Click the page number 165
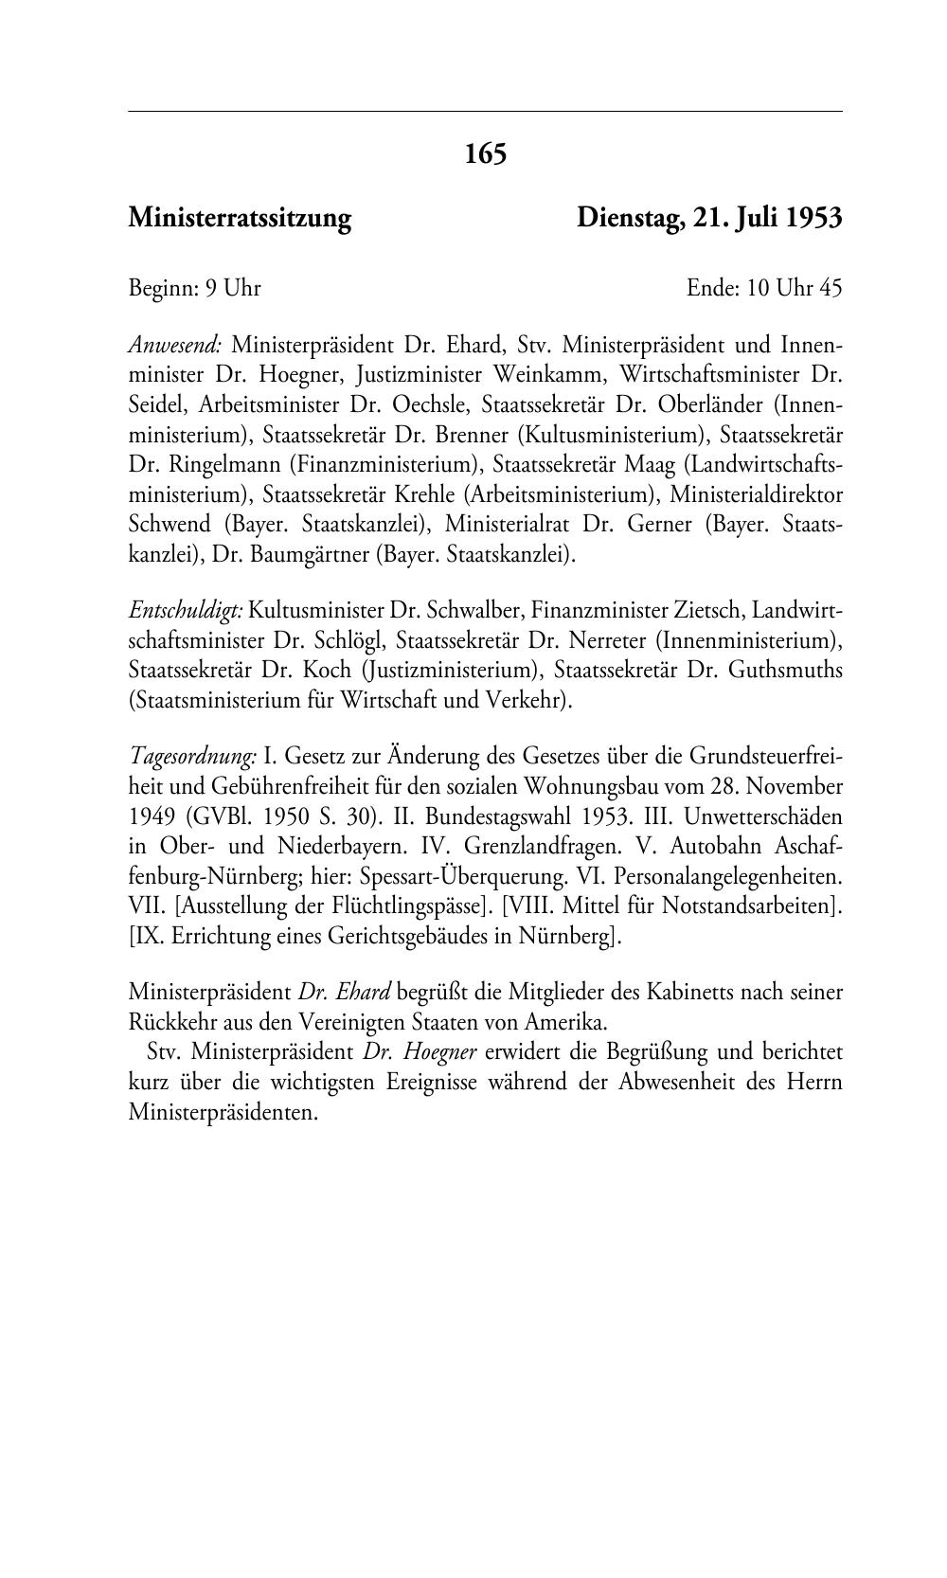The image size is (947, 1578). [486, 153]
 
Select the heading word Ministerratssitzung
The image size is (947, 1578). [240, 219]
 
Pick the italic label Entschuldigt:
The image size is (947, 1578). [185, 611]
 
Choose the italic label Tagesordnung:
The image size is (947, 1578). [192, 757]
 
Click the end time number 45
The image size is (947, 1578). [830, 288]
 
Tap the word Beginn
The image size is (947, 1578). [162, 288]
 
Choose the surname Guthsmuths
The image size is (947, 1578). [785, 671]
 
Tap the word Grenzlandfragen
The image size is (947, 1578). [528, 847]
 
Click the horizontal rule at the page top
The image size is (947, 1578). [485, 112]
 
